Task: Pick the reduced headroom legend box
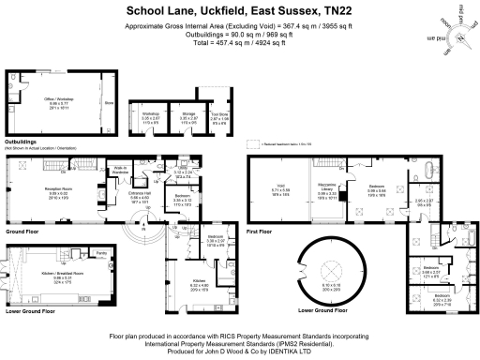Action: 251,143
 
